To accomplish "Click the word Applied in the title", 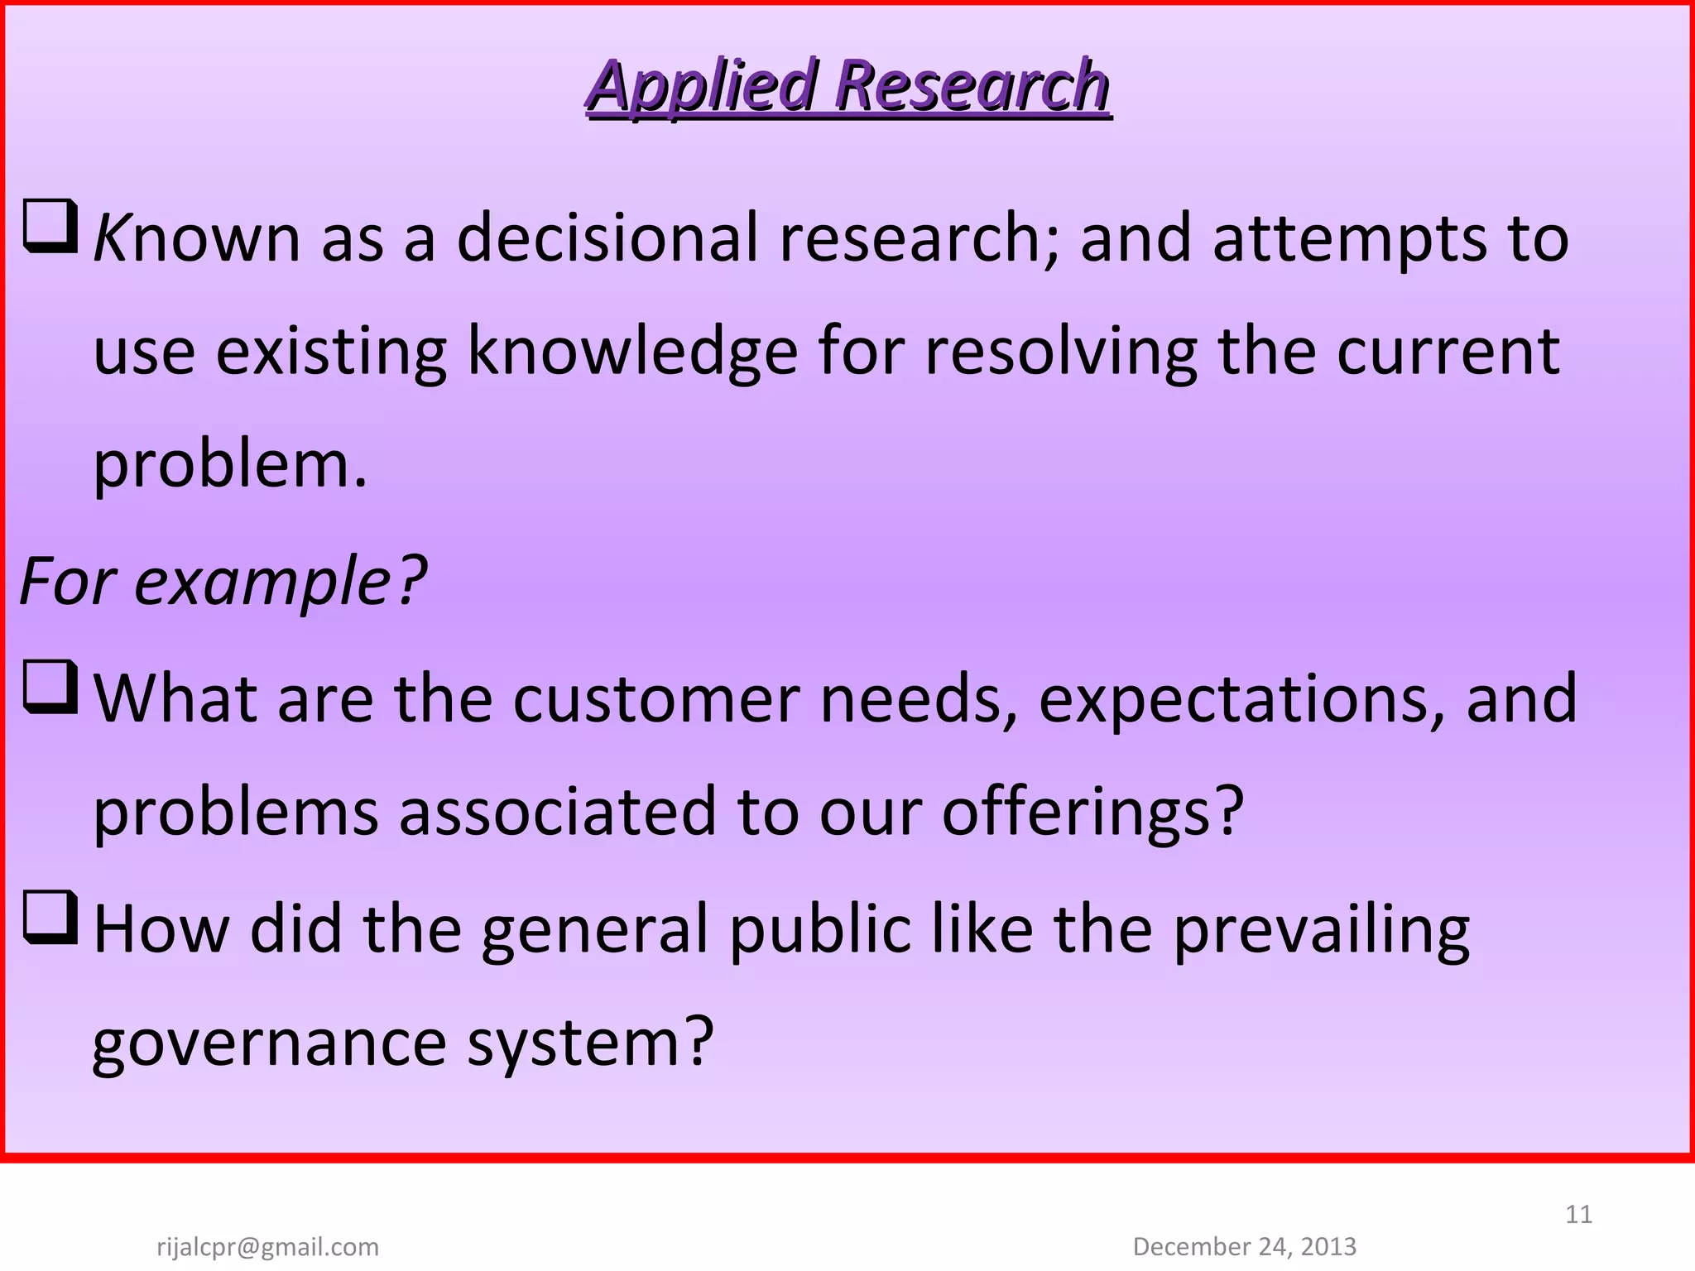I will point(702,86).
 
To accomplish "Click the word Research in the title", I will point(972,86).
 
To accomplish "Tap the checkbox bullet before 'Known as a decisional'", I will point(50,226).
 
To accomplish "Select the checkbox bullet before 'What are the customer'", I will point(50,687).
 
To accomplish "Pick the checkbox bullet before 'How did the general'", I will point(50,917).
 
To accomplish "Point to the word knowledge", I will point(632,353).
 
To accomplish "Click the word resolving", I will point(1060,353).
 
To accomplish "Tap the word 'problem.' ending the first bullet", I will point(230,465).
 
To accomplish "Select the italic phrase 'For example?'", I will point(222,581).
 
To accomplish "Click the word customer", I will point(655,699).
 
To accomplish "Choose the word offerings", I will point(1092,813).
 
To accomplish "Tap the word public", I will point(819,930).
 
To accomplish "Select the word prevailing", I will point(1321,930).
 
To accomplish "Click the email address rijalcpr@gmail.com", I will point(267,1246).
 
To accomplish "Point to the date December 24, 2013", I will point(1244,1246).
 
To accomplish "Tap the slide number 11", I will point(1578,1214).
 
